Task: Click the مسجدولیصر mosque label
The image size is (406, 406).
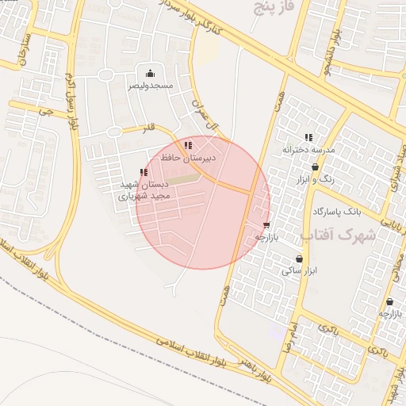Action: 151,85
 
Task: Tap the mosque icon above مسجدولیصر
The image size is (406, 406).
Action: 151,74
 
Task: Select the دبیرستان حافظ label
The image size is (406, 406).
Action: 188,158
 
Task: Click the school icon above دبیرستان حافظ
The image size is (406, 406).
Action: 188,145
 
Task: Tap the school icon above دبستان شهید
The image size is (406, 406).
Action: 144,172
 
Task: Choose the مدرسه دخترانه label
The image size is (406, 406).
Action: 308,149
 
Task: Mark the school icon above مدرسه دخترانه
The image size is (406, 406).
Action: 308,137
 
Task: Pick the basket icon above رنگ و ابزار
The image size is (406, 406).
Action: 316,167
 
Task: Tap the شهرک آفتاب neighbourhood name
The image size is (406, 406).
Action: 337,236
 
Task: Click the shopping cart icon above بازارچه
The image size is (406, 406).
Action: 266,225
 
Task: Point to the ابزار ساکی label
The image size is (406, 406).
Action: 299,270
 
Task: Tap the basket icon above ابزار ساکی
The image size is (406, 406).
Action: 299,259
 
